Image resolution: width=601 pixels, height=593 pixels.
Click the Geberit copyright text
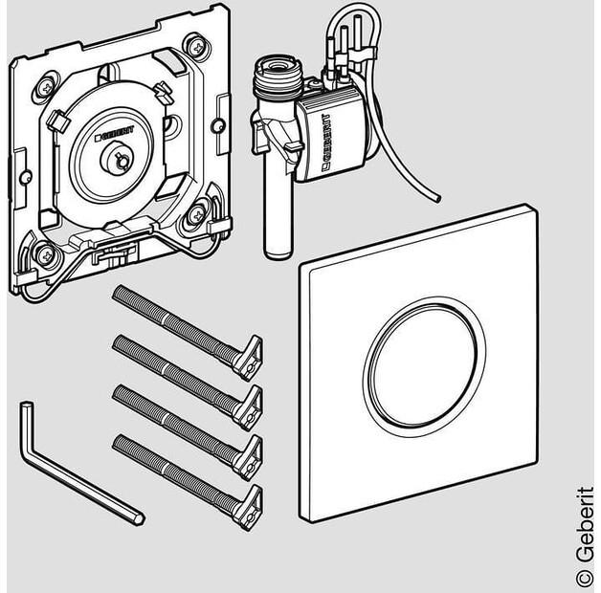pyautogui.click(x=585, y=537)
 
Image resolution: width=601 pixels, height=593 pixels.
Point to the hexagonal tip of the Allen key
pyautogui.click(x=138, y=518)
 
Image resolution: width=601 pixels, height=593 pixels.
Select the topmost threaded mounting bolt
pyautogui.click(x=187, y=332)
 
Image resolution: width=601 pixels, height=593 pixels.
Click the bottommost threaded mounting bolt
pyautogui.click(x=187, y=482)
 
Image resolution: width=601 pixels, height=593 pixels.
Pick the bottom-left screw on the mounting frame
pyautogui.click(x=46, y=254)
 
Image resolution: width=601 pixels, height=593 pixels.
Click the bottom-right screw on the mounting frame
pyautogui.click(x=197, y=215)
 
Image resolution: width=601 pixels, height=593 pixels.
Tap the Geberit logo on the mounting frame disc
pyautogui.click(x=114, y=133)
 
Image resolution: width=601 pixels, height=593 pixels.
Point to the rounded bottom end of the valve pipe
pyautogui.click(x=278, y=253)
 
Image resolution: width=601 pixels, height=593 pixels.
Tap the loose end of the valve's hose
pyautogui.click(x=436, y=198)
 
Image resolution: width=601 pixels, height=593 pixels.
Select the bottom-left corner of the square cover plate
pyautogui.click(x=300, y=522)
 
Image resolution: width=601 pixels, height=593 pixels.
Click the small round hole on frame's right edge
pyautogui.click(x=218, y=125)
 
